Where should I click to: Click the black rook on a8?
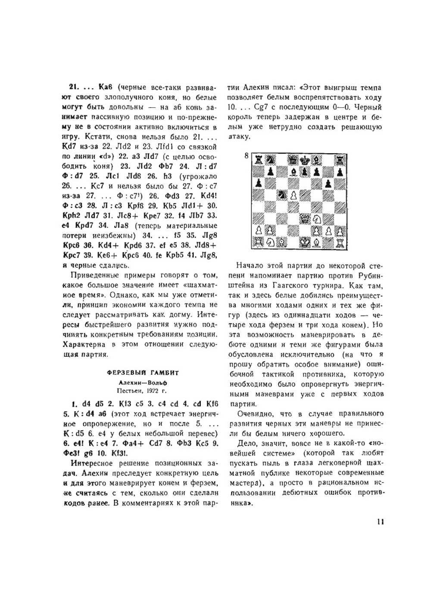click(258, 160)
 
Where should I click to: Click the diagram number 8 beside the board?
click(247, 156)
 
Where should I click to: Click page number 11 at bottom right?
click(380, 521)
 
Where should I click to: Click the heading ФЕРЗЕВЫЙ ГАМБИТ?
click(143, 373)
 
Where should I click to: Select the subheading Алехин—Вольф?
click(143, 382)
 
